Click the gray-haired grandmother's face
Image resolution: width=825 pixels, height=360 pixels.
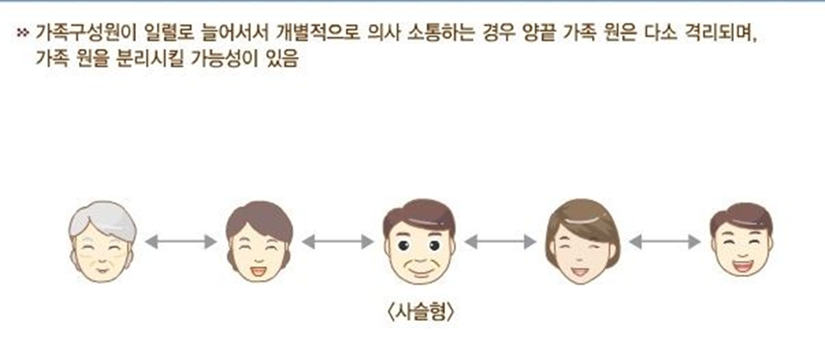pos(102,244)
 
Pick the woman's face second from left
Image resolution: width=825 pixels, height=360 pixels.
pos(258,244)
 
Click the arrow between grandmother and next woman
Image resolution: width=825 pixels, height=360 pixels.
pos(180,241)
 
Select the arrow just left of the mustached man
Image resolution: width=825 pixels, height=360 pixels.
pos(337,241)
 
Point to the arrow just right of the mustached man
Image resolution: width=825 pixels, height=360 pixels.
pos(500,241)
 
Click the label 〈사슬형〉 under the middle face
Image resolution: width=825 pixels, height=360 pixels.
pos(420,311)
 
